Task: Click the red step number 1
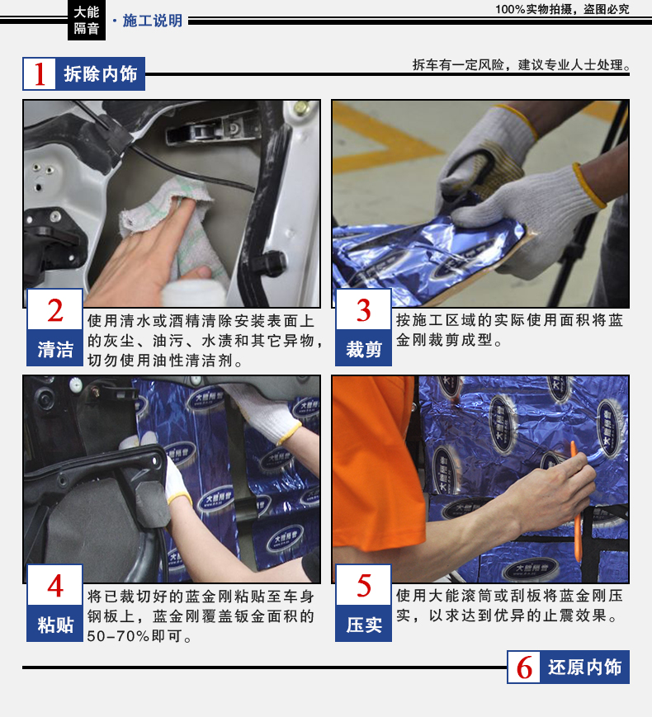coord(40,74)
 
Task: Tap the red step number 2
coord(55,310)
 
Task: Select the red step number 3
coord(364,310)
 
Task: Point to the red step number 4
coord(55,586)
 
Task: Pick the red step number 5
coord(364,586)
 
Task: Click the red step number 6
coord(524,667)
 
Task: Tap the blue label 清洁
coord(55,349)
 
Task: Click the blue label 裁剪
coord(364,349)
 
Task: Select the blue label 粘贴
coord(55,625)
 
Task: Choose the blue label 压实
coord(364,625)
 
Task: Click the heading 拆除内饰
coord(100,73)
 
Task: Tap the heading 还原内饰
coord(585,667)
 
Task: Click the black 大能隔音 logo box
coord(87,20)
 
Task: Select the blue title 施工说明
coord(153,21)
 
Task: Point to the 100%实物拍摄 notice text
coord(562,9)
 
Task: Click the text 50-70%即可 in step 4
coord(139,636)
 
